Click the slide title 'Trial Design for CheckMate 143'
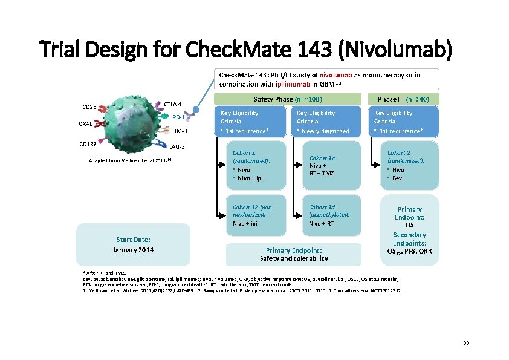coord(245,50)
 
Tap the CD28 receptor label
coord(89,108)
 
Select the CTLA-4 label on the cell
coord(173,104)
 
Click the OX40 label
coord(85,124)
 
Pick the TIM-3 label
coord(180,131)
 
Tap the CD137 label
coord(88,144)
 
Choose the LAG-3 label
coord(177,146)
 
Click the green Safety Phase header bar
coord(288,99)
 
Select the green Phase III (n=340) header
coord(404,99)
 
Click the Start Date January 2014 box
coord(133,244)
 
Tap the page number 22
coord(466,344)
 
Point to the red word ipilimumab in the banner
coord(293,84)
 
